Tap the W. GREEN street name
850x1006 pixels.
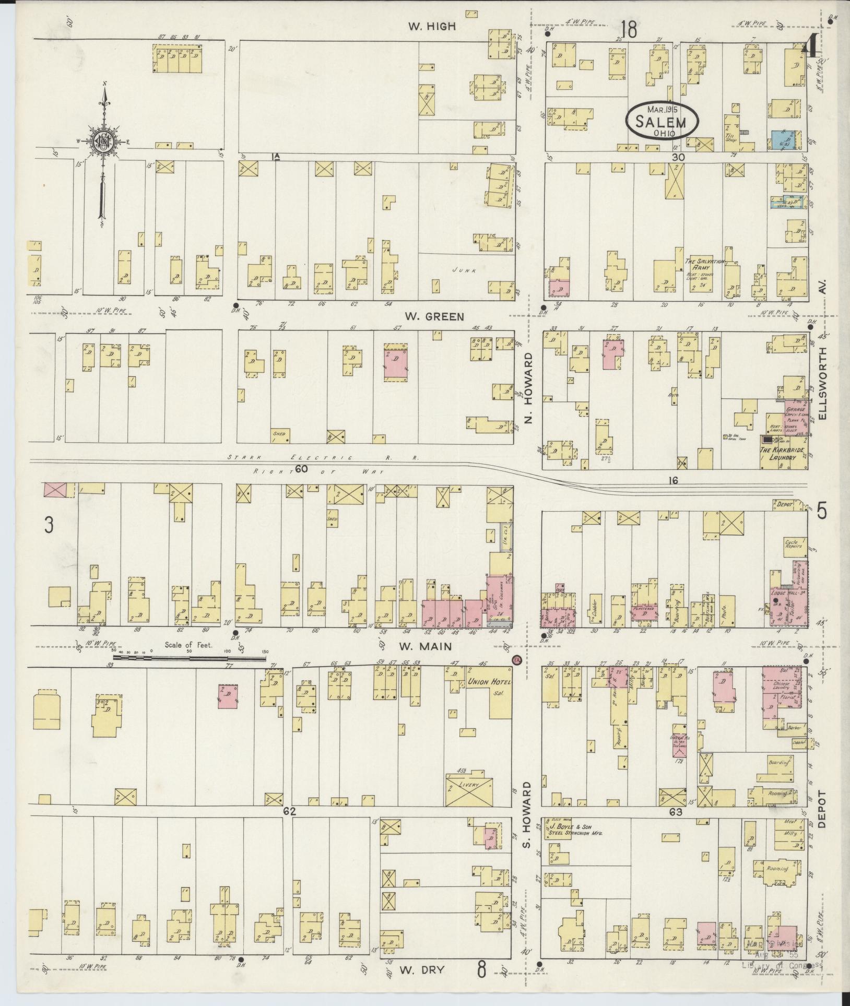pos(434,316)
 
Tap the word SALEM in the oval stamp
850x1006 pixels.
pos(662,123)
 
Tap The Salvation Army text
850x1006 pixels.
pos(704,264)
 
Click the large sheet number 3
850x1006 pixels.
pos(49,526)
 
